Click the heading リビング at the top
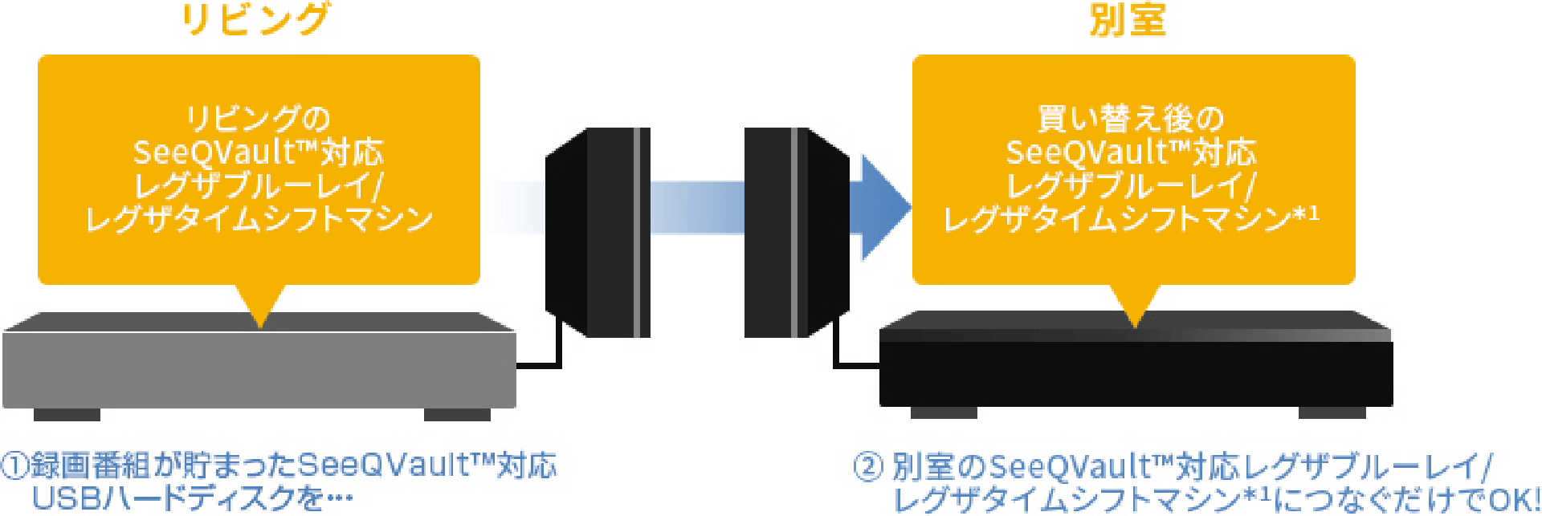tap(255, 19)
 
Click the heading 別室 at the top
tap(1128, 19)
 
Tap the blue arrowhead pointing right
tap(883, 207)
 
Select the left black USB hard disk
tap(598, 231)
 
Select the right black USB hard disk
tap(797, 231)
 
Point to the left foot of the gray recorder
tap(67, 415)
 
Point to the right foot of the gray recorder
tap(457, 415)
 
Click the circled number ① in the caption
tap(14, 466)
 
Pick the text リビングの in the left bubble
tap(259, 119)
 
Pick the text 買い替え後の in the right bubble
tap(1131, 119)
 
